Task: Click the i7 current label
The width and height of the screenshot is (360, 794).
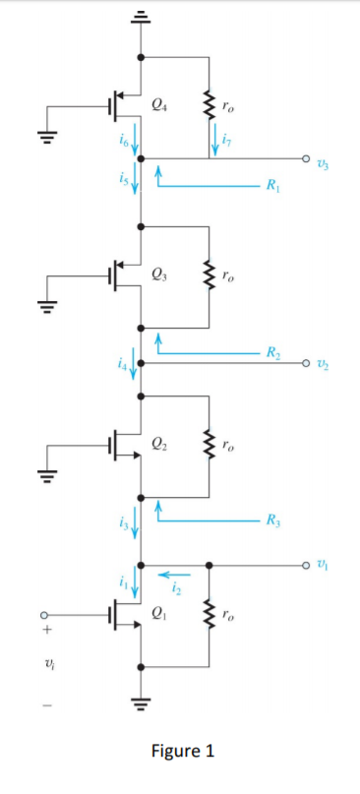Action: tap(227, 139)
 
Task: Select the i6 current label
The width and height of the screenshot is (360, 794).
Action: tap(123, 142)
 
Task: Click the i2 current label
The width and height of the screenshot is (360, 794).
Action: tap(177, 589)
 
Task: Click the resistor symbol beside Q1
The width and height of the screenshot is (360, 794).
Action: tap(209, 616)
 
